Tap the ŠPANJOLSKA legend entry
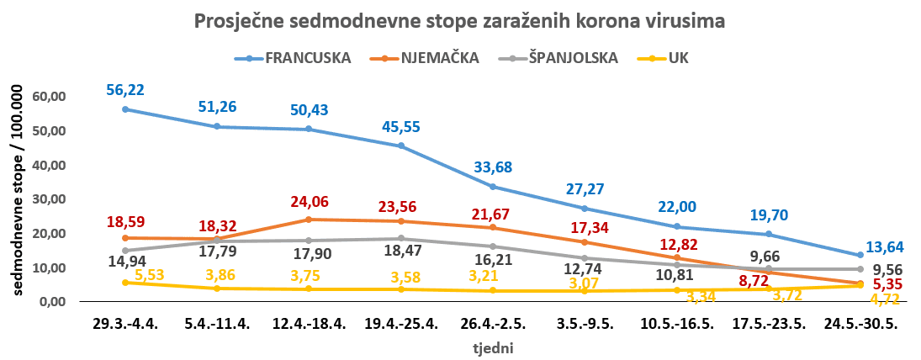[x=572, y=58]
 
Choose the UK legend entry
[x=678, y=58]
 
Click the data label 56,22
[x=124, y=91]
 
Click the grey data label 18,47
[x=401, y=251]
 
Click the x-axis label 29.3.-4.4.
[x=124, y=324]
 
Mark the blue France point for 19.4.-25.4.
[x=400, y=146]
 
